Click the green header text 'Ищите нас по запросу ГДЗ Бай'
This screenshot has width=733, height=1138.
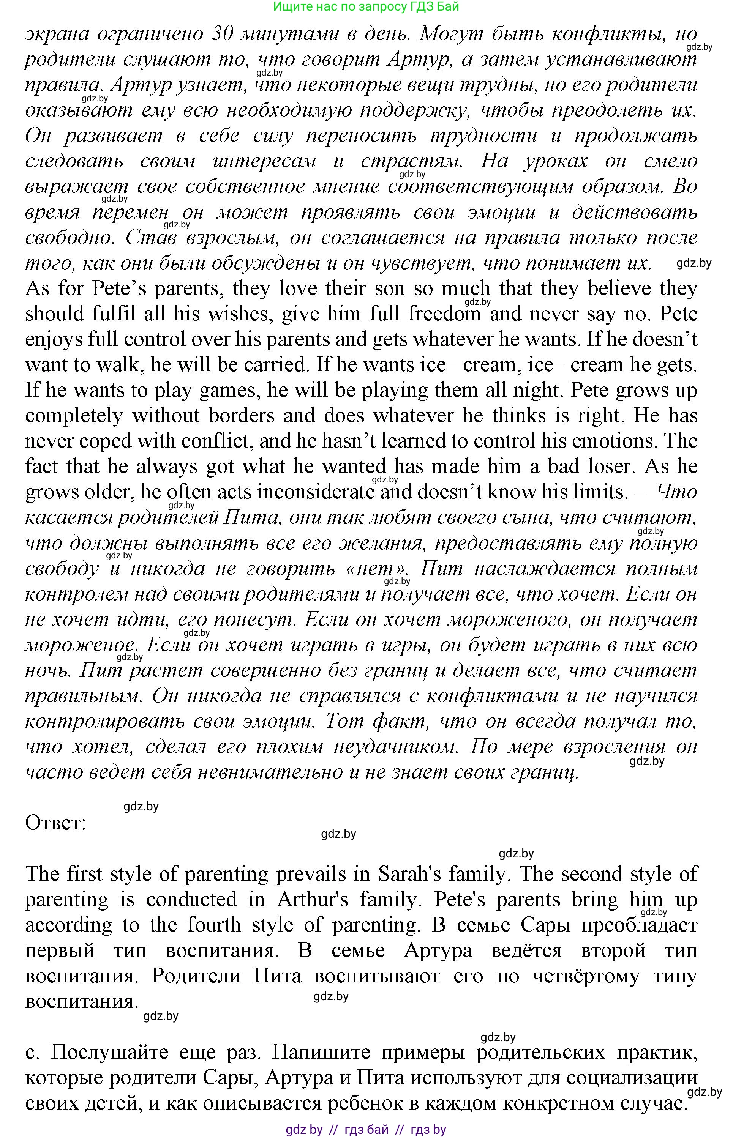pyautogui.click(x=366, y=7)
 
